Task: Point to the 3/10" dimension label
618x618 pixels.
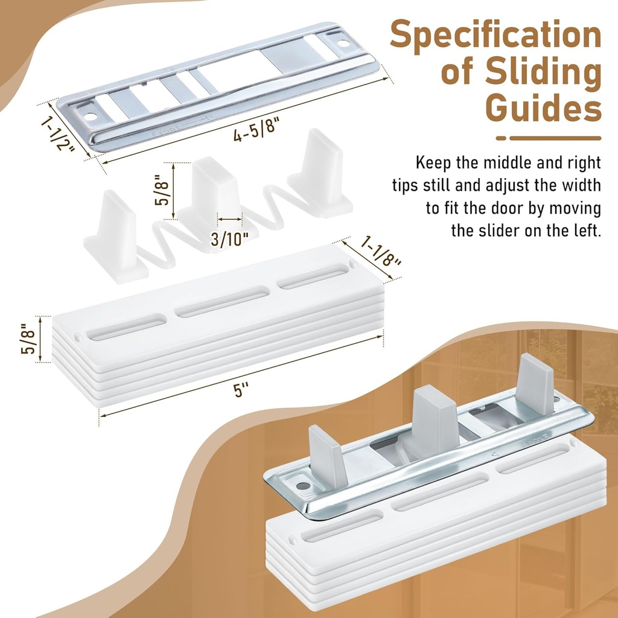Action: (x=230, y=239)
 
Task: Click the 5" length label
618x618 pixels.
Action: (x=241, y=390)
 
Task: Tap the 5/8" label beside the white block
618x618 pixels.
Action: (x=28, y=339)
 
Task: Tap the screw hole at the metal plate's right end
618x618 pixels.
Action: (x=343, y=43)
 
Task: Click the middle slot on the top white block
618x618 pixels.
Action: (x=222, y=302)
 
